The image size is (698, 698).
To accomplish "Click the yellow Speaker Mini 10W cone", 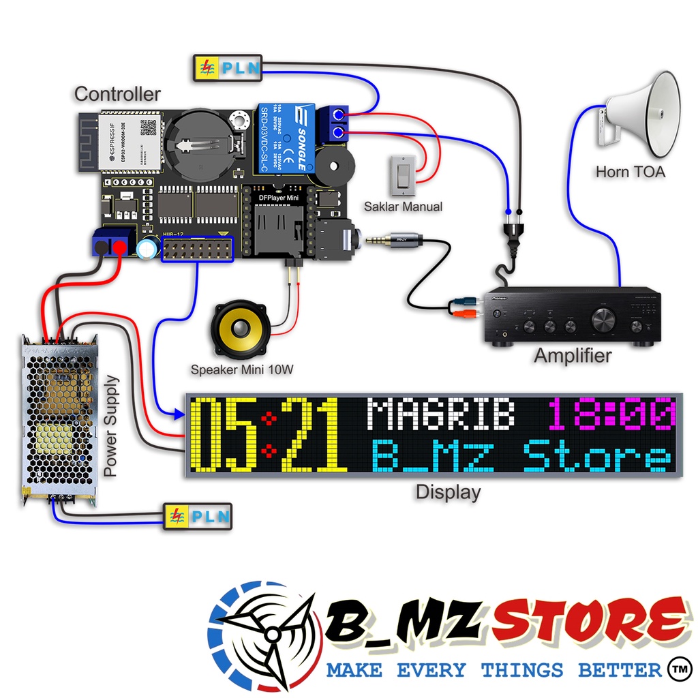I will [x=241, y=330].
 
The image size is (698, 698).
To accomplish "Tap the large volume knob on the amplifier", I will [x=604, y=318].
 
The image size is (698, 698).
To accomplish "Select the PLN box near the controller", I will [x=228, y=68].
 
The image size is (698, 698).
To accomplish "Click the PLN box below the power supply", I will [x=197, y=517].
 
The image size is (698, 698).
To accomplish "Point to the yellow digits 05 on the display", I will [x=225, y=436].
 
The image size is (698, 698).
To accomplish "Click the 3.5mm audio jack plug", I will [x=395, y=239].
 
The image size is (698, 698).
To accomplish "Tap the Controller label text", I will [x=117, y=94].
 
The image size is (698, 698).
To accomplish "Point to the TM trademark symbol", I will [x=677, y=667].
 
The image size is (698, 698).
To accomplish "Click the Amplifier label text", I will [x=572, y=355].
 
